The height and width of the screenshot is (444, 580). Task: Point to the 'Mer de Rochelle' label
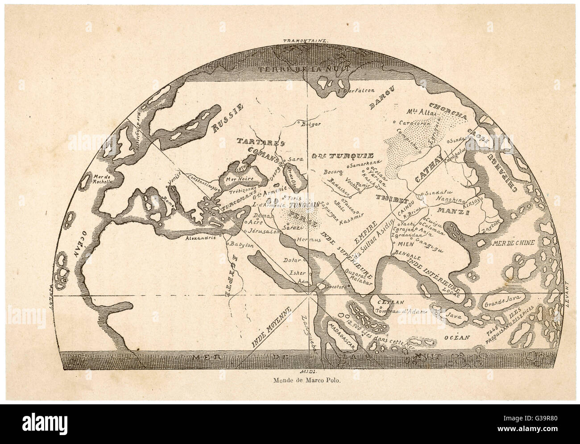point(104,179)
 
